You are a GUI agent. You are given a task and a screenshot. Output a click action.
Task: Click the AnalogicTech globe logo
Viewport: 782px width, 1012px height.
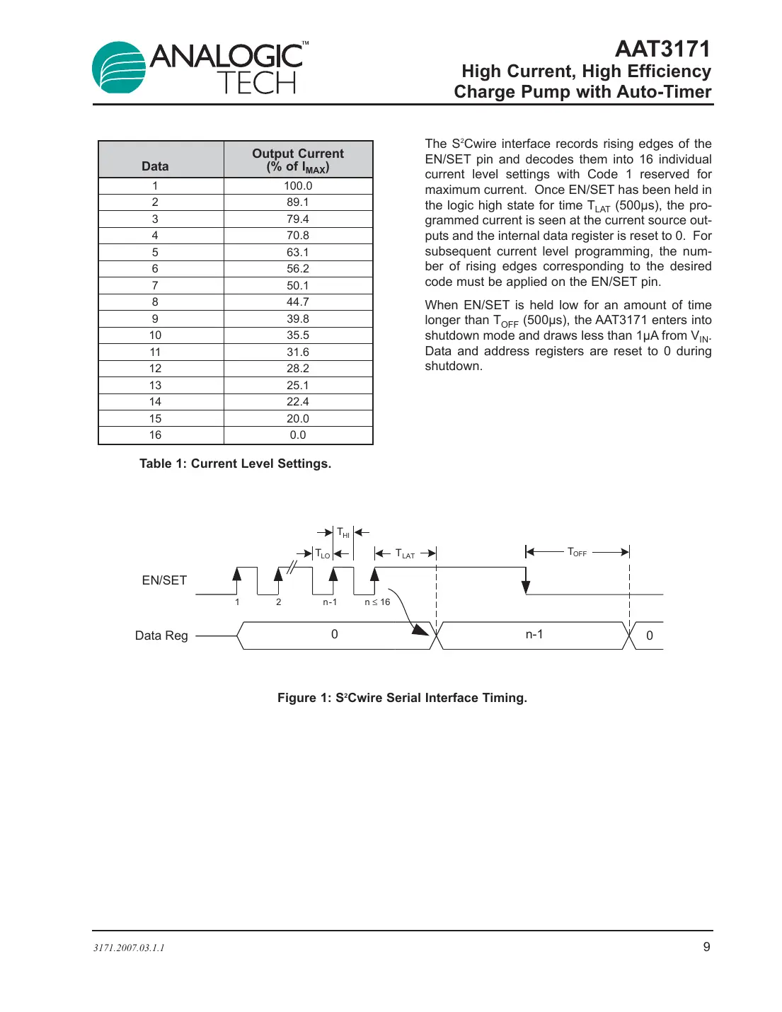tap(119, 68)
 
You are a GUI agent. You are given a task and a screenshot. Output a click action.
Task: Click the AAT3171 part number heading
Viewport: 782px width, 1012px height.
tap(662, 49)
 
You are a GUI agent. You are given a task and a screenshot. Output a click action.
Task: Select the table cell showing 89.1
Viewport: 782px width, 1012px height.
tap(298, 202)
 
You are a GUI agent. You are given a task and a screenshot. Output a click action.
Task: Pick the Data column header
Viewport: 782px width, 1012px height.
tap(155, 166)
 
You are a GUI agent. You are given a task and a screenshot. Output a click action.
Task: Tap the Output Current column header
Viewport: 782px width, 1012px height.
tap(298, 160)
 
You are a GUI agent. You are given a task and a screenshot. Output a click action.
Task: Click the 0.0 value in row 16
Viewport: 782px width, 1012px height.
tap(298, 435)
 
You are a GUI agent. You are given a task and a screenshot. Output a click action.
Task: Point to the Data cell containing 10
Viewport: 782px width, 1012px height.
tap(155, 335)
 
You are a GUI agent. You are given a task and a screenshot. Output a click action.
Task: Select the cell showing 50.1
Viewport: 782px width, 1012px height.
tap(298, 286)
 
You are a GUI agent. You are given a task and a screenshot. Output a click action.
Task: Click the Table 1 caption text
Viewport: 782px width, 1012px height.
tap(235, 464)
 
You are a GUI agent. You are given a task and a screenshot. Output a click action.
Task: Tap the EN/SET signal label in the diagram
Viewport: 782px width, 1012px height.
tap(164, 580)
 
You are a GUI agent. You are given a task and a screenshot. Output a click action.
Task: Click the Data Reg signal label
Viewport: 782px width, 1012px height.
tap(161, 636)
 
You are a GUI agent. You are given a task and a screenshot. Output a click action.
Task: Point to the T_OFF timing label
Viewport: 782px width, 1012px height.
tap(577, 552)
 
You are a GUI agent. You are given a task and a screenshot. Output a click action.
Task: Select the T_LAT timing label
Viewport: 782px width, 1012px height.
tap(405, 554)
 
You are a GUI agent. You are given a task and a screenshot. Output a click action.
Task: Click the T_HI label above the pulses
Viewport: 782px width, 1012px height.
tap(343, 533)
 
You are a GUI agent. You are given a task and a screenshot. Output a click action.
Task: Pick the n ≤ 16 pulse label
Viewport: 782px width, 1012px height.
tap(377, 602)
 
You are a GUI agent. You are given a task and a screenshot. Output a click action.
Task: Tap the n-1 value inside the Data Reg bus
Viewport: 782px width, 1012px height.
tap(534, 635)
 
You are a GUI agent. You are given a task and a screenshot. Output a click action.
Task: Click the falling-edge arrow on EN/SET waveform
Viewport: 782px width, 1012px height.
tap(526, 585)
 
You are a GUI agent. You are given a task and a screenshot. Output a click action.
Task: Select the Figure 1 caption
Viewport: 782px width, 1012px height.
tap(402, 698)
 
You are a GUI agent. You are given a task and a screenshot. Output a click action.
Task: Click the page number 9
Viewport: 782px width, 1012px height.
tap(706, 947)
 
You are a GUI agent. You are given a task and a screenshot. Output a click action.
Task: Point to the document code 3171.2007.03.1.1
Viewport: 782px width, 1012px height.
tap(129, 948)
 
